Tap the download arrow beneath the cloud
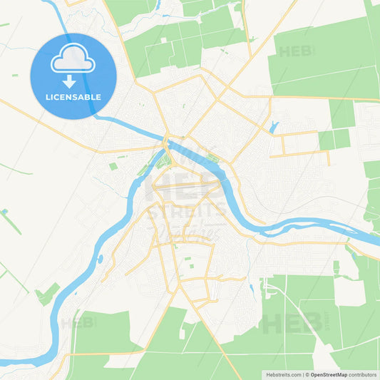(73, 80)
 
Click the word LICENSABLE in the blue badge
(73, 97)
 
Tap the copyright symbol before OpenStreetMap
(307, 374)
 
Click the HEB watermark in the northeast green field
(297, 51)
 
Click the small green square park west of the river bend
(113, 166)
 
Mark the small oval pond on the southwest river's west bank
(101, 259)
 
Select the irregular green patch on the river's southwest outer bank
(48, 293)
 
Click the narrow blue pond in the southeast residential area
(252, 289)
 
